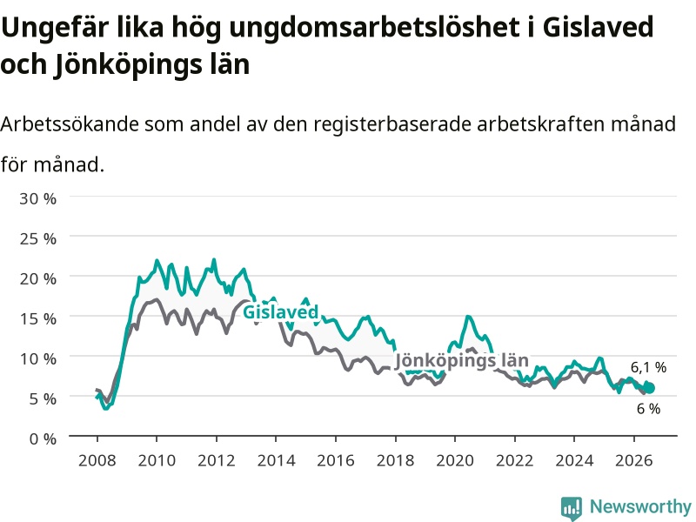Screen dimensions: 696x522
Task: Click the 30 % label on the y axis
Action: pyautogui.click(x=37, y=198)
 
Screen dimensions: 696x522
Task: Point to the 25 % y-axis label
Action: pyautogui.click(x=37, y=238)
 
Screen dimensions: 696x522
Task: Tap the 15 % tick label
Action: pyautogui.click(x=37, y=318)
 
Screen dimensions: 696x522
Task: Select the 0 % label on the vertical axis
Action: pyautogui.click(x=43, y=439)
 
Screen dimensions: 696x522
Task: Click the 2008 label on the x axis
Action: pyautogui.click(x=97, y=460)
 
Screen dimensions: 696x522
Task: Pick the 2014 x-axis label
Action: pyautogui.click(x=276, y=460)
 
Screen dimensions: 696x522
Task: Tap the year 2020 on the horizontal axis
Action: pyautogui.click(x=455, y=460)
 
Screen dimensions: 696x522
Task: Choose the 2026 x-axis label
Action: pyautogui.click(x=634, y=460)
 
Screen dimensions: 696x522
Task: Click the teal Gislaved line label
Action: pyautogui.click(x=280, y=312)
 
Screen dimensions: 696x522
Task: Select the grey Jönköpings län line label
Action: pyautogui.click(x=462, y=360)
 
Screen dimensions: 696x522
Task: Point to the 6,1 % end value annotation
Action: pyautogui.click(x=648, y=367)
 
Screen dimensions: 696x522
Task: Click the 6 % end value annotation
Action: pyautogui.click(x=648, y=409)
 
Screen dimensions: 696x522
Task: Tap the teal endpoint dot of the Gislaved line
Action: pyautogui.click(x=649, y=388)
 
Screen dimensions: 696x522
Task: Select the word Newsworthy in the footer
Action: pyautogui.click(x=640, y=506)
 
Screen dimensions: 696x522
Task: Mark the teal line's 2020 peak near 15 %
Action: pyautogui.click(x=468, y=317)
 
